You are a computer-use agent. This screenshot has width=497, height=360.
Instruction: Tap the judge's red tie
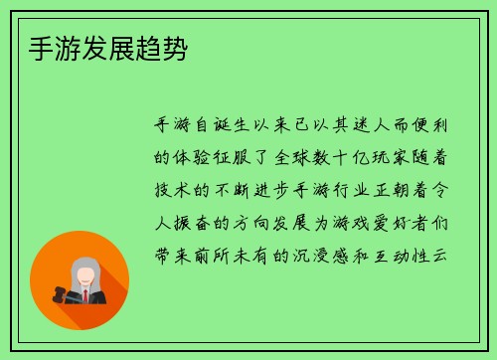(x=86, y=295)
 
